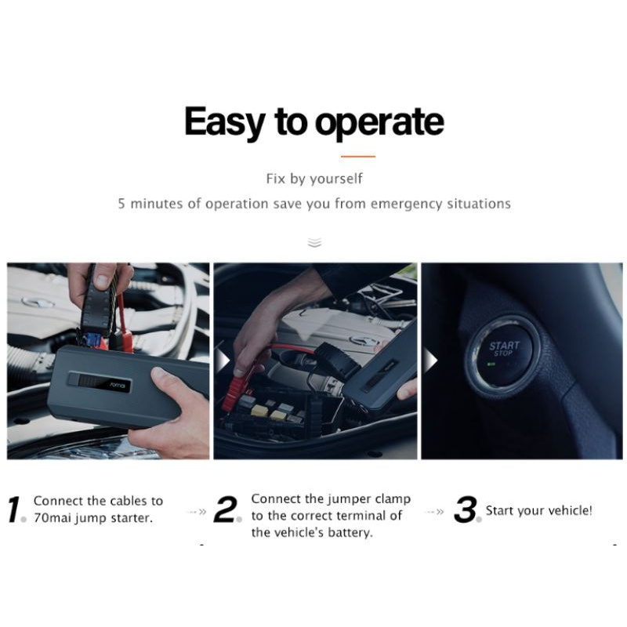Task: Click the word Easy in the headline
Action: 225,122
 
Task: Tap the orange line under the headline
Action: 358,156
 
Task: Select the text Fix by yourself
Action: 314,179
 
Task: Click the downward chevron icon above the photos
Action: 315,243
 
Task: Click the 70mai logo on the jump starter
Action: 118,385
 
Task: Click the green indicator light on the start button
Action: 491,364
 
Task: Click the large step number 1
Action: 14,509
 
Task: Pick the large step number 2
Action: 225,509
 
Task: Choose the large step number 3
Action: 466,509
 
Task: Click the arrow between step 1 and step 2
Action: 197,512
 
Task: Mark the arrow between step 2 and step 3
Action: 434,512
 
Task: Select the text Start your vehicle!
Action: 538,511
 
